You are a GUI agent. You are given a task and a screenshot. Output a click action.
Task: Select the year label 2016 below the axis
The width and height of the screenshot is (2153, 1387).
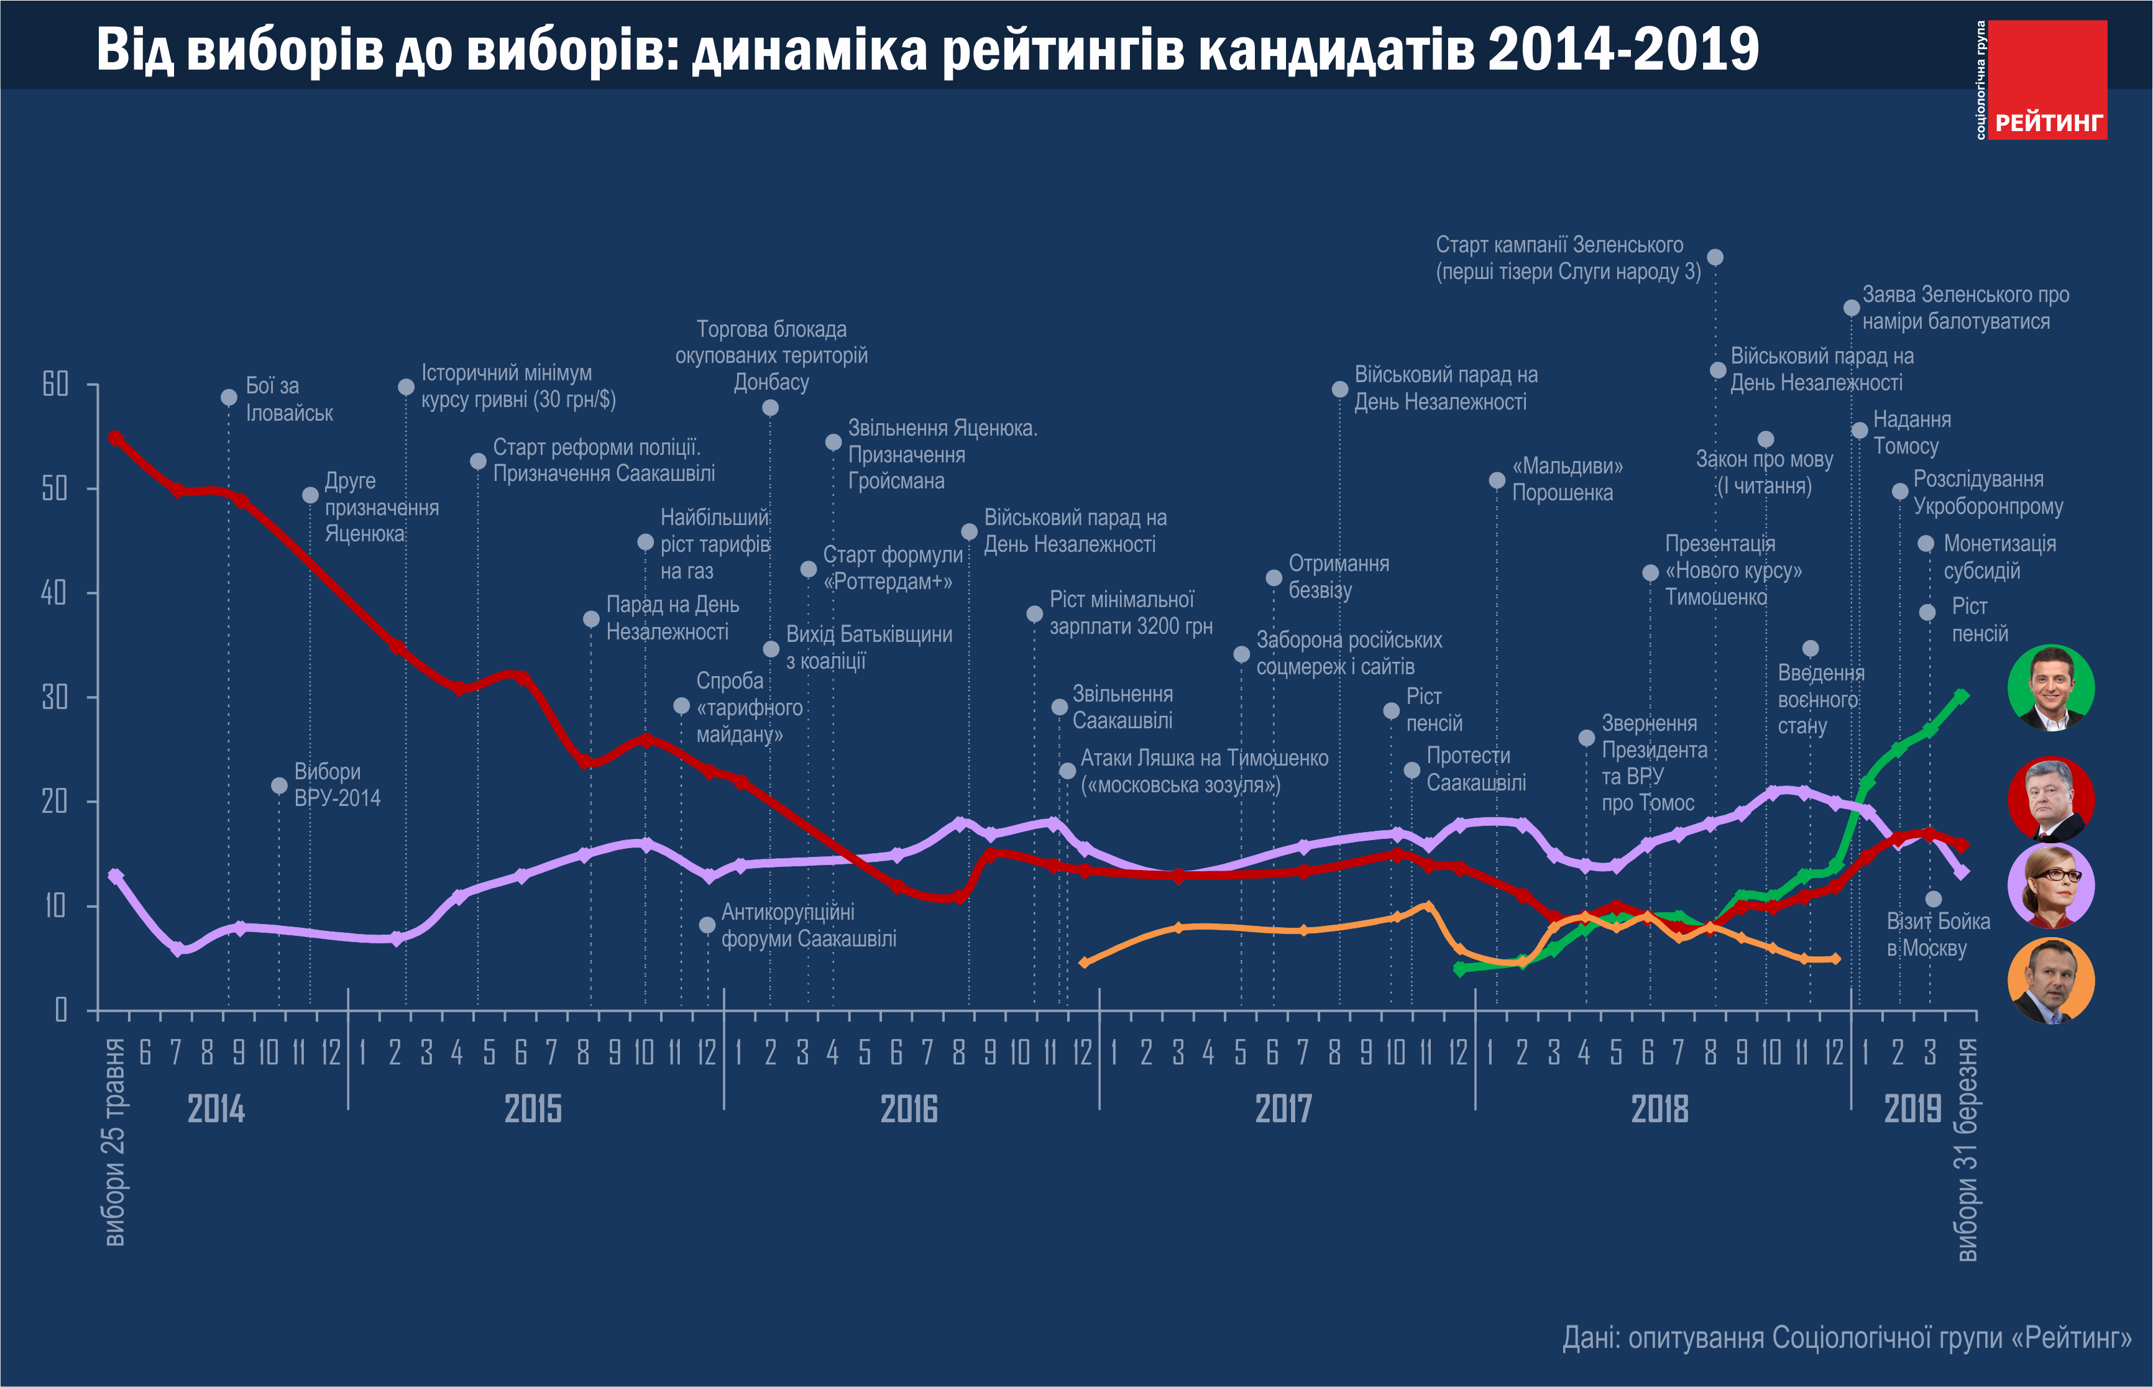908,1109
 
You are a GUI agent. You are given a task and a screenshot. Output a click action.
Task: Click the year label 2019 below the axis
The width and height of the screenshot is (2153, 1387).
1912,1109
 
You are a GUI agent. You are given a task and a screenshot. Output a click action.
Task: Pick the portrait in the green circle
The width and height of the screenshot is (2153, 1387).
2050,687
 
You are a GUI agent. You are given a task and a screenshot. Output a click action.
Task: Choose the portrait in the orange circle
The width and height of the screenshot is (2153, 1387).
2050,981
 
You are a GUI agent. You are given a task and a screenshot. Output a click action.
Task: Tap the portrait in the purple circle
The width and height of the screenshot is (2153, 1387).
2050,886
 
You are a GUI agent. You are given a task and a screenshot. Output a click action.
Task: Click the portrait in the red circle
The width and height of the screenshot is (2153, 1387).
2050,799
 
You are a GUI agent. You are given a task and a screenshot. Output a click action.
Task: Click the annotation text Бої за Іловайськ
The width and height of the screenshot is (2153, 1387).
288,399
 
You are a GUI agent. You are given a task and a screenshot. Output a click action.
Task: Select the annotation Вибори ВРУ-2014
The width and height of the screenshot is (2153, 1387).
336,784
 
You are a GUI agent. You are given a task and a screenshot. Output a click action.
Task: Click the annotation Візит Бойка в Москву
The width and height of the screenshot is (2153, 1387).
1938,934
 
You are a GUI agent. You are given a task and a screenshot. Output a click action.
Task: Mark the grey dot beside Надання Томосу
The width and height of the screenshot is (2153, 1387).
1860,431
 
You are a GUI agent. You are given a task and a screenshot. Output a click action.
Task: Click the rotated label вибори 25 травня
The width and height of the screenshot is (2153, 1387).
114,1142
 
